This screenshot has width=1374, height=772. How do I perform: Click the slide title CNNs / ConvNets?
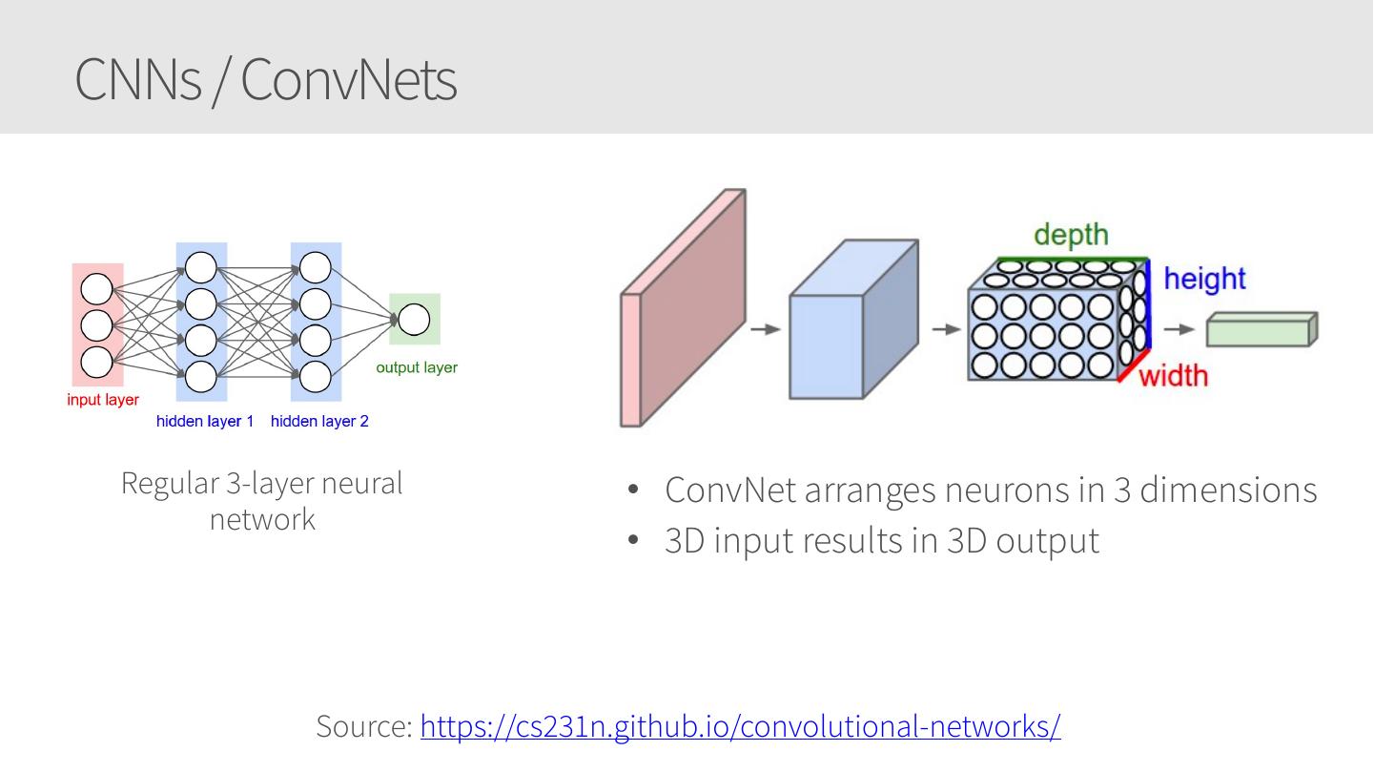[x=265, y=78]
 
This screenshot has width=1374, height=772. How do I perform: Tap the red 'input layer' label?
[x=103, y=400]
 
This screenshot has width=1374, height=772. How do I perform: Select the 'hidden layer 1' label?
[x=205, y=421]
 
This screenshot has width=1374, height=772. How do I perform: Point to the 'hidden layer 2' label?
[x=319, y=421]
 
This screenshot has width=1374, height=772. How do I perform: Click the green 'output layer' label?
[x=417, y=367]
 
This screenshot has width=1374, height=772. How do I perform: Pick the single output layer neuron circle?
[x=414, y=320]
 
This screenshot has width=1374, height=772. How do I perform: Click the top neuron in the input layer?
[x=97, y=289]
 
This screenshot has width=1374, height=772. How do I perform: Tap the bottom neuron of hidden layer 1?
[x=200, y=376]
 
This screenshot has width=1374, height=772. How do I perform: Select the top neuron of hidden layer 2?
[x=316, y=267]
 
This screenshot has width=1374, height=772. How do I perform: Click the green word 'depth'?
[x=1071, y=235]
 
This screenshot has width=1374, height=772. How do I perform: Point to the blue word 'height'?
[x=1204, y=279]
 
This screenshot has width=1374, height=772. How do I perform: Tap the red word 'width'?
[x=1174, y=376]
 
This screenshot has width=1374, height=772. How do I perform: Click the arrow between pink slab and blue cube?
[x=766, y=329]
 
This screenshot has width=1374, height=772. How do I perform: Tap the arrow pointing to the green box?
[x=1179, y=329]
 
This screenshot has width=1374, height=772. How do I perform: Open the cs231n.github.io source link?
[x=740, y=726]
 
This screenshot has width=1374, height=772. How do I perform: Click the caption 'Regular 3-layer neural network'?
[x=262, y=500]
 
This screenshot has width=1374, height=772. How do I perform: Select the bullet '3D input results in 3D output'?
[x=881, y=540]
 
